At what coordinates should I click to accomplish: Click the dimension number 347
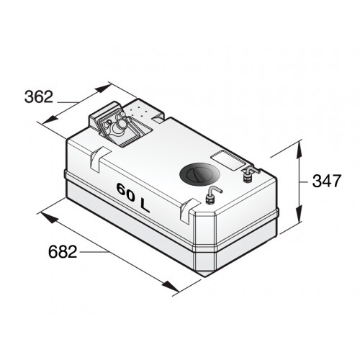tap(326, 181)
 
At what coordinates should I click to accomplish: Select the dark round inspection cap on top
tap(196, 174)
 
